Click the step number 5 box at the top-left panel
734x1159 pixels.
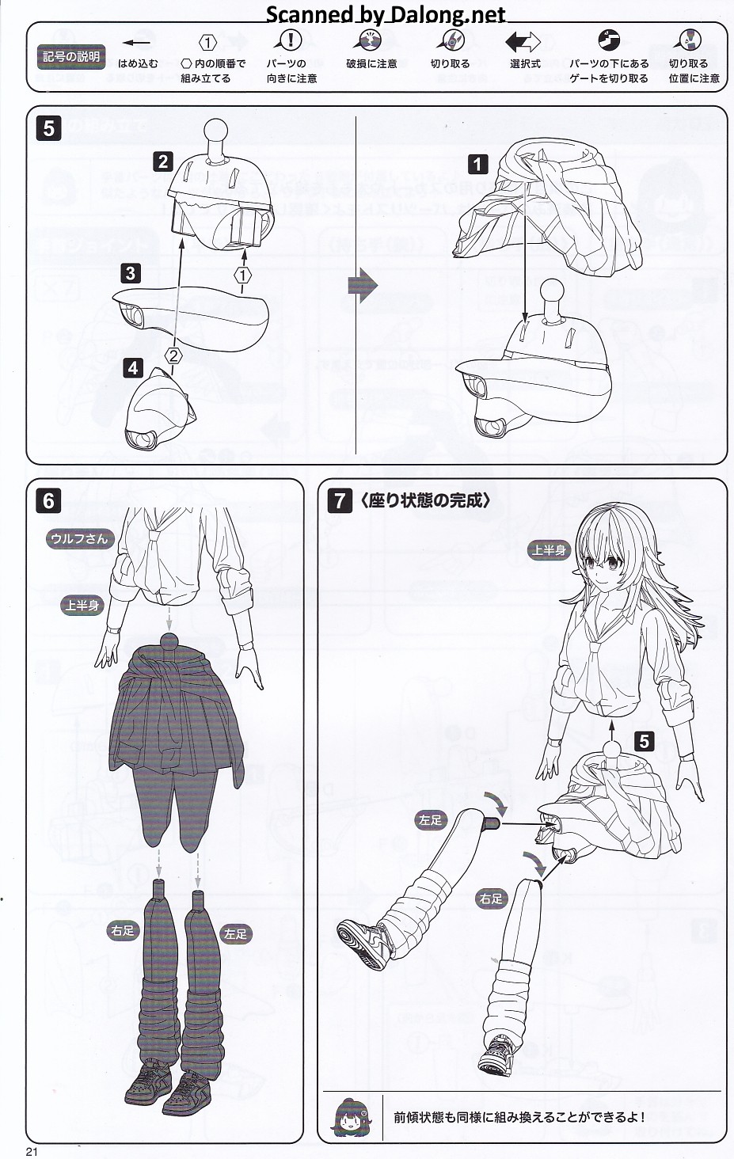[x=48, y=128]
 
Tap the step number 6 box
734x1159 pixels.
[x=48, y=501]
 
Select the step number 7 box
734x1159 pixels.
[x=340, y=501]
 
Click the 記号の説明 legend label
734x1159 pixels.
[x=71, y=57]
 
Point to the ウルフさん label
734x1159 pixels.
[x=80, y=538]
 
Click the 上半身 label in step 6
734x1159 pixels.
[x=82, y=605]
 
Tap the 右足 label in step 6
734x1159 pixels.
[x=123, y=931]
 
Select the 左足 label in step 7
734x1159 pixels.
[x=430, y=820]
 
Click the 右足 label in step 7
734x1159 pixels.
[x=491, y=899]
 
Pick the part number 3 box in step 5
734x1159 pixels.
[x=131, y=273]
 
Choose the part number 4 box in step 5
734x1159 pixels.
[x=133, y=368]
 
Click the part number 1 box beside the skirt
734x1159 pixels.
[x=477, y=165]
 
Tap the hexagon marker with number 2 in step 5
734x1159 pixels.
[x=173, y=355]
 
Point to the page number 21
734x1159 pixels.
[x=32, y=1152]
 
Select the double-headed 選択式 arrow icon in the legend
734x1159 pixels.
[x=523, y=42]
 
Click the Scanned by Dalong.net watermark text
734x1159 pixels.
[x=386, y=14]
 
